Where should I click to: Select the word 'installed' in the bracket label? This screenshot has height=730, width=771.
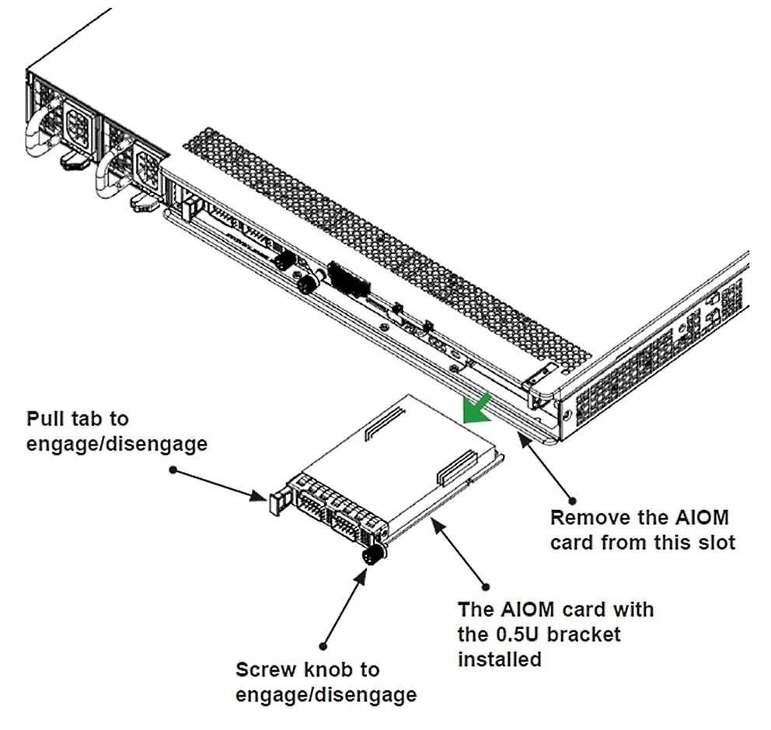tap(499, 659)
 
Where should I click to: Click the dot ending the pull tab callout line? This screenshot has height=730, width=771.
tap(173, 470)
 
